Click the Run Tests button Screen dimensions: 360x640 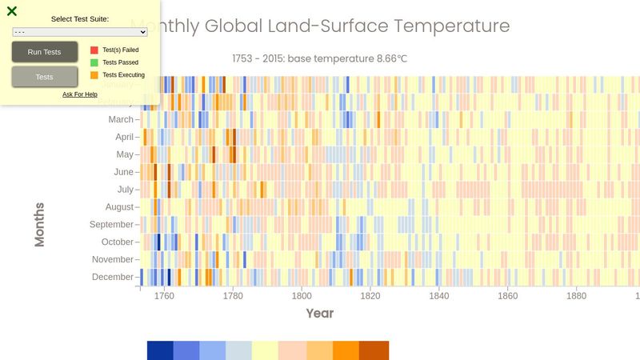[x=45, y=52]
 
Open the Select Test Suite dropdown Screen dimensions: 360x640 [x=80, y=32]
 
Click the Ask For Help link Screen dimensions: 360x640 [x=80, y=94]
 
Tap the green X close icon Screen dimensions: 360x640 [x=12, y=11]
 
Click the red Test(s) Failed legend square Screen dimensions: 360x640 [x=94, y=50]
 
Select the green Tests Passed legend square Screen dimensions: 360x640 [x=94, y=62]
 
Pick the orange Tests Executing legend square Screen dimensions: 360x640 [x=94, y=75]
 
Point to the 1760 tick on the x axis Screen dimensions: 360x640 [x=164, y=296]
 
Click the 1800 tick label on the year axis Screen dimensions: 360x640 [x=302, y=296]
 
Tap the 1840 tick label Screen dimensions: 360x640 [x=439, y=296]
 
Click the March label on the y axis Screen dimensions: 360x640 [x=121, y=120]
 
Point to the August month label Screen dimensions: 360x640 [x=119, y=207]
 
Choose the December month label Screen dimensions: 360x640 [x=113, y=278]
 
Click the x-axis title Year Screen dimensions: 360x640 [x=319, y=314]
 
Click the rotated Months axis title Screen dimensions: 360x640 [x=39, y=224]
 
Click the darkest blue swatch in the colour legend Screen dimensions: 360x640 [x=160, y=350]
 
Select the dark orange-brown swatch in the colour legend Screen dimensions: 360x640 [x=375, y=350]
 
